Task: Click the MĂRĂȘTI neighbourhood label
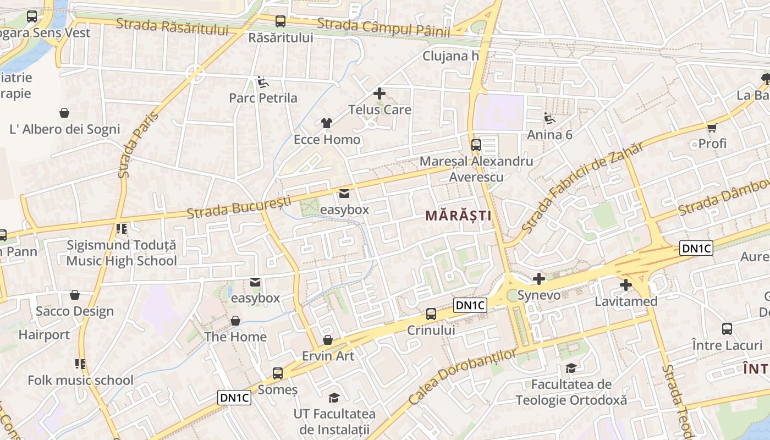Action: (x=459, y=216)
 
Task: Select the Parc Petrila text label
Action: (x=263, y=98)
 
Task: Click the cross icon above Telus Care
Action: (x=380, y=94)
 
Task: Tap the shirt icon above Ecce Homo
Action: (x=327, y=123)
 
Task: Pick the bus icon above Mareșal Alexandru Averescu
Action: (x=476, y=145)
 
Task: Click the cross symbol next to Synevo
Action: (x=539, y=279)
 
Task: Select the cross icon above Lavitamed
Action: (x=626, y=285)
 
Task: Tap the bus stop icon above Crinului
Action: (x=431, y=314)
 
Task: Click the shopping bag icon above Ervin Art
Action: (x=328, y=340)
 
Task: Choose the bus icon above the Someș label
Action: (x=278, y=373)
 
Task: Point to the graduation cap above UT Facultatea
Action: (x=334, y=398)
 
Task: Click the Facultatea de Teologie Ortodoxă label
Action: (x=571, y=392)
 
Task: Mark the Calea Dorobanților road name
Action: (x=463, y=377)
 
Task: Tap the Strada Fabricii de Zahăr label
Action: (x=581, y=187)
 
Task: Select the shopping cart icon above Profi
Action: (x=712, y=128)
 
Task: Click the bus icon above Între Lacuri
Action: (x=727, y=329)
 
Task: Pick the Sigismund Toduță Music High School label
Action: (x=122, y=253)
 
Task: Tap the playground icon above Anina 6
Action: (x=549, y=118)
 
